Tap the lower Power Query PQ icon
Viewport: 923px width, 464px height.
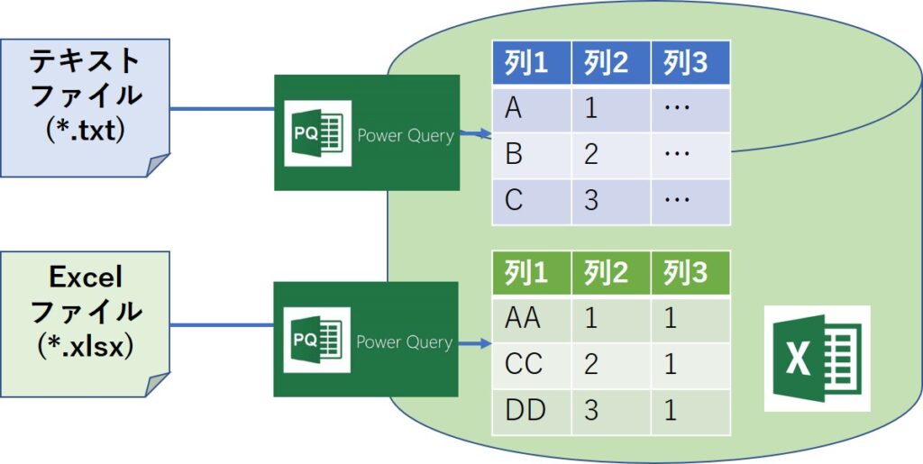tap(317, 341)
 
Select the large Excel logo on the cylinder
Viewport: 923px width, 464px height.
tap(817, 358)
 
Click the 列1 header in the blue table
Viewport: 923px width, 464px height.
tap(530, 64)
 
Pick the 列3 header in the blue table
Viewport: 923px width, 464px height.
tap(690, 64)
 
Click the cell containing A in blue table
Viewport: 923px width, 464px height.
tap(530, 110)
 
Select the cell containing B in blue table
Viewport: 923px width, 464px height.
tap(530, 155)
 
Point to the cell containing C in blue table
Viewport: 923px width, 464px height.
tap(530, 201)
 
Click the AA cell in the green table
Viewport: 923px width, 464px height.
tap(530, 320)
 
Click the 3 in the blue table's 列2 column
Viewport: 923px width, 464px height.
tap(609, 201)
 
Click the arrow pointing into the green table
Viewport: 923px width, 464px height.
tap(474, 342)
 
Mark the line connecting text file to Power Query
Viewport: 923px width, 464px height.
tap(222, 109)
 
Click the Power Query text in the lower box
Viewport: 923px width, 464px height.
tap(404, 342)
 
